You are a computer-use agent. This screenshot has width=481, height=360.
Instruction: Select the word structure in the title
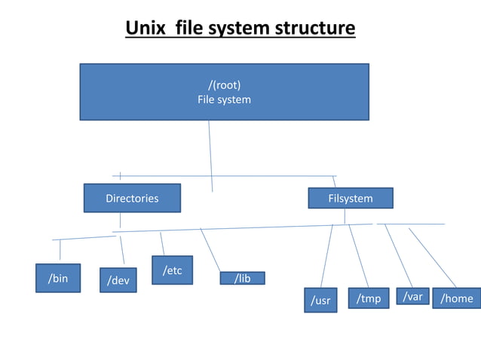coord(315,29)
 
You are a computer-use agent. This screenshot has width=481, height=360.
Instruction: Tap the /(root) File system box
coord(224,92)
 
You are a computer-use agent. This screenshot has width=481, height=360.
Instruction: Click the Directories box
coord(132,198)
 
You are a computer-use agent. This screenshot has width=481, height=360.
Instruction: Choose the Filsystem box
coord(351,198)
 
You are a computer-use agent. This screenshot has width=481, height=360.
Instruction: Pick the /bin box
coord(58,278)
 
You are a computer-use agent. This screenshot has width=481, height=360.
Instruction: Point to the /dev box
coord(118,280)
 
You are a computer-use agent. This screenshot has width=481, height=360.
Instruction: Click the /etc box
coord(172,270)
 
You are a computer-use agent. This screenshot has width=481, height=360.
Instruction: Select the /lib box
coord(242,279)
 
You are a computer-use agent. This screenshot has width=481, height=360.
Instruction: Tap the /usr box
coord(321,300)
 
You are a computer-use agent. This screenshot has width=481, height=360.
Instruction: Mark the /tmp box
coord(369,298)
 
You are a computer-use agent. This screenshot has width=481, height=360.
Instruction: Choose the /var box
coord(412,297)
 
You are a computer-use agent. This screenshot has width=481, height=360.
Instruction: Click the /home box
coord(457,298)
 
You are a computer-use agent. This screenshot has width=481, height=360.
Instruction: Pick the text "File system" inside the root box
coord(224,99)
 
